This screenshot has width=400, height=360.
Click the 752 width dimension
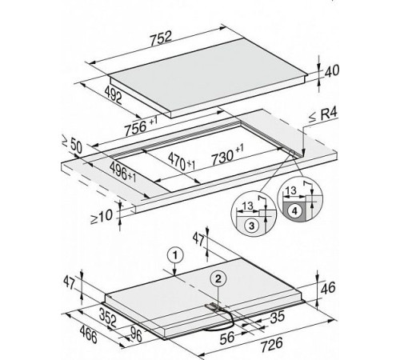161,38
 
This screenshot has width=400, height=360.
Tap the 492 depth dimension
114,94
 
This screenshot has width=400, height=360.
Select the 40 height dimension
332,70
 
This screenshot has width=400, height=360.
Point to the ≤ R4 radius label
323,115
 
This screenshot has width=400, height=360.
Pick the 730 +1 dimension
227,154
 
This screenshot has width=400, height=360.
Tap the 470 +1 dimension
182,162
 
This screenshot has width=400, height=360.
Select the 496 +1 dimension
123,172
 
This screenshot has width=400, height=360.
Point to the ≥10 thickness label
102,217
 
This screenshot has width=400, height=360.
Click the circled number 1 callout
175,256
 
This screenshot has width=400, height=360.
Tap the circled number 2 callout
218,279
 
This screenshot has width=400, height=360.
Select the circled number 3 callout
252,226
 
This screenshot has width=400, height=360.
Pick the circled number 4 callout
294,211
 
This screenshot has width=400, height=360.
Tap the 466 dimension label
88,335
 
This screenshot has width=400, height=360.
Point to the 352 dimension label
108,318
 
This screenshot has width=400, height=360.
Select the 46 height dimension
328,288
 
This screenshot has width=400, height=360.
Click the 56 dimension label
227,338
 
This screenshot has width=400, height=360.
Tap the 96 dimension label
136,335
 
